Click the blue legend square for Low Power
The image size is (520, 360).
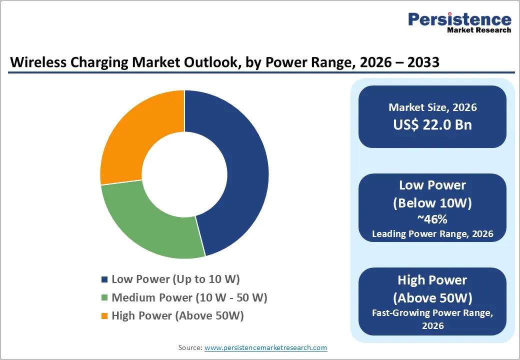tap(104, 279)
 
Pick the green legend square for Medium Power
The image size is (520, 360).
tap(104, 298)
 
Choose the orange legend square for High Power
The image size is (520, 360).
tap(104, 316)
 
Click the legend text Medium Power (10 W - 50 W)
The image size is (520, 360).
tap(189, 298)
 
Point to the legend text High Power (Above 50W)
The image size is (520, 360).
tap(177, 316)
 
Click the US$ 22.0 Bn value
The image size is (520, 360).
tap(432, 124)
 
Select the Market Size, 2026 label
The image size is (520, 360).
tap(432, 107)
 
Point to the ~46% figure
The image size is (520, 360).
tap(432, 218)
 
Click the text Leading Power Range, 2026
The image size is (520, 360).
tap(432, 233)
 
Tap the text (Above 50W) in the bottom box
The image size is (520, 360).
tap(432, 298)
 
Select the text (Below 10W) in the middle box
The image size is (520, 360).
tap(432, 203)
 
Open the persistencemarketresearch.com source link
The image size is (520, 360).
tap(265, 347)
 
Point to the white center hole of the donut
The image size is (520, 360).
tap(184, 174)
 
